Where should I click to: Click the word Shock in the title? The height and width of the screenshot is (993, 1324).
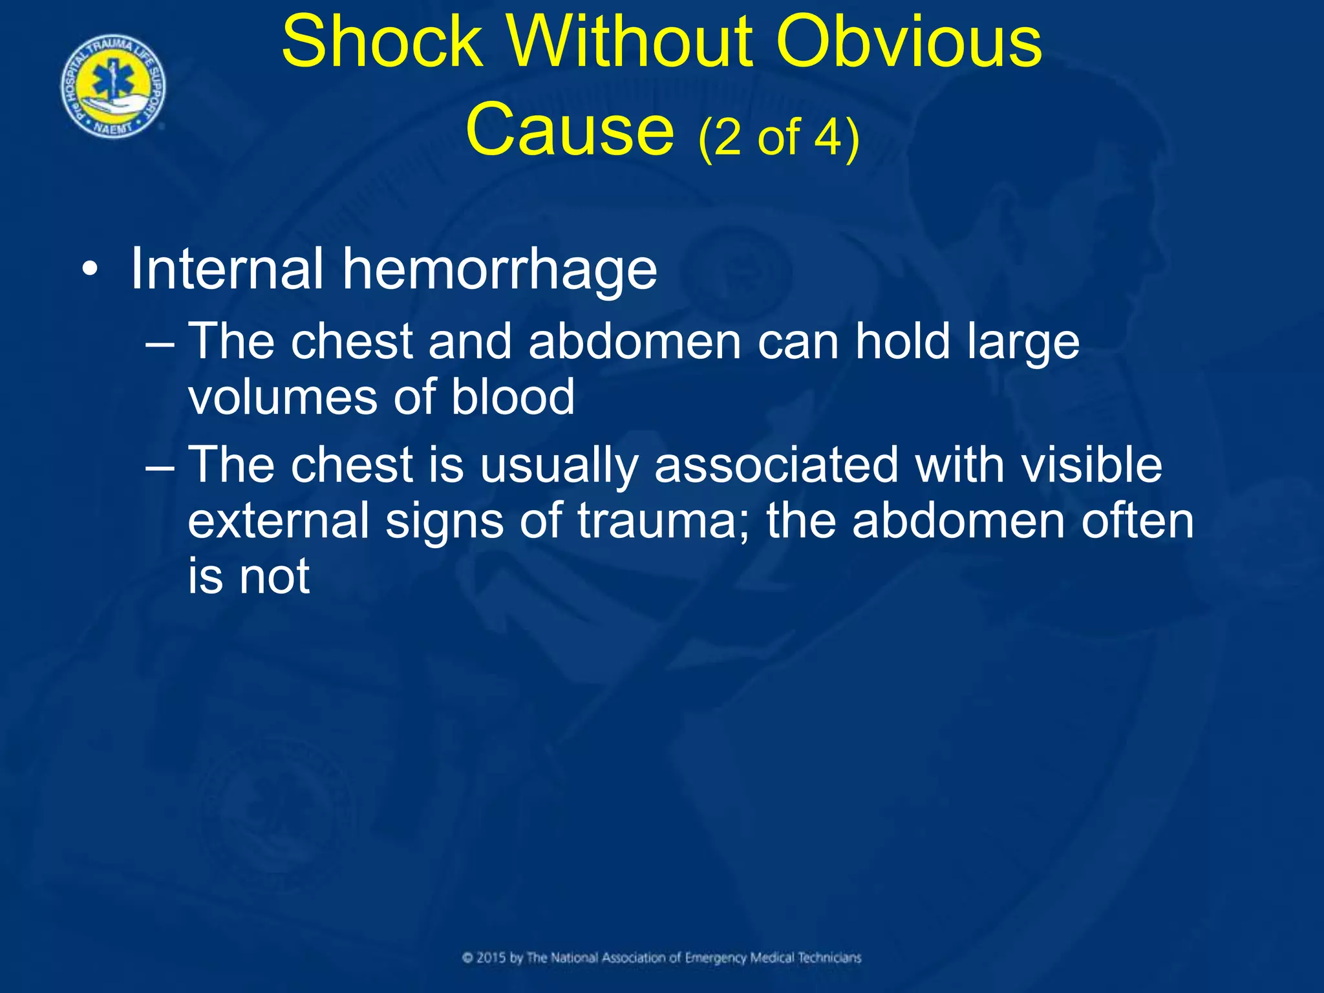coord(383,43)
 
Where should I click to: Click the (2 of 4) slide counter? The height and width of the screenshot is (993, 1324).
coord(778,138)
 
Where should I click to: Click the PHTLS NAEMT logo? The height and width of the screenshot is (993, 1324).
coord(113,87)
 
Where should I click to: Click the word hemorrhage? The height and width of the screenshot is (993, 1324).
coord(499,270)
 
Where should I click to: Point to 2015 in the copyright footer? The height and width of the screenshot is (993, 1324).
coord(491,957)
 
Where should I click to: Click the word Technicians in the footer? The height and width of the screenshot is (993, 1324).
coord(829,957)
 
